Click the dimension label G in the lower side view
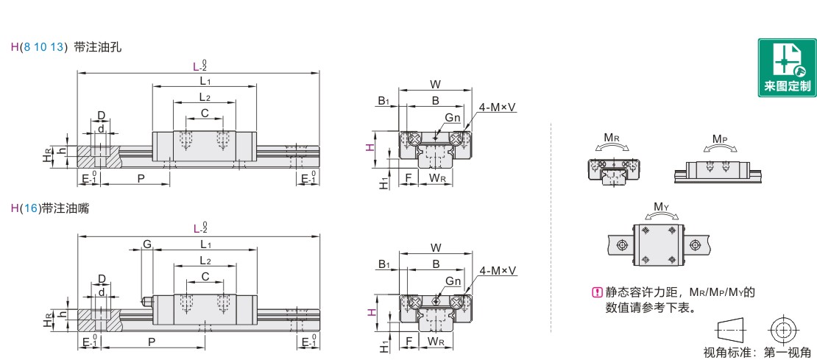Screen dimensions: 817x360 (x=147, y=244)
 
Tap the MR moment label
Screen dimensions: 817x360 (x=612, y=138)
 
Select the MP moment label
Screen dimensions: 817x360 (x=720, y=139)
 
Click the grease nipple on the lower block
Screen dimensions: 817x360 (x=147, y=300)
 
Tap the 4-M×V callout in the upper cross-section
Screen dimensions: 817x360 (x=497, y=107)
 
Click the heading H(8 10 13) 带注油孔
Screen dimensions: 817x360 (x=66, y=47)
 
